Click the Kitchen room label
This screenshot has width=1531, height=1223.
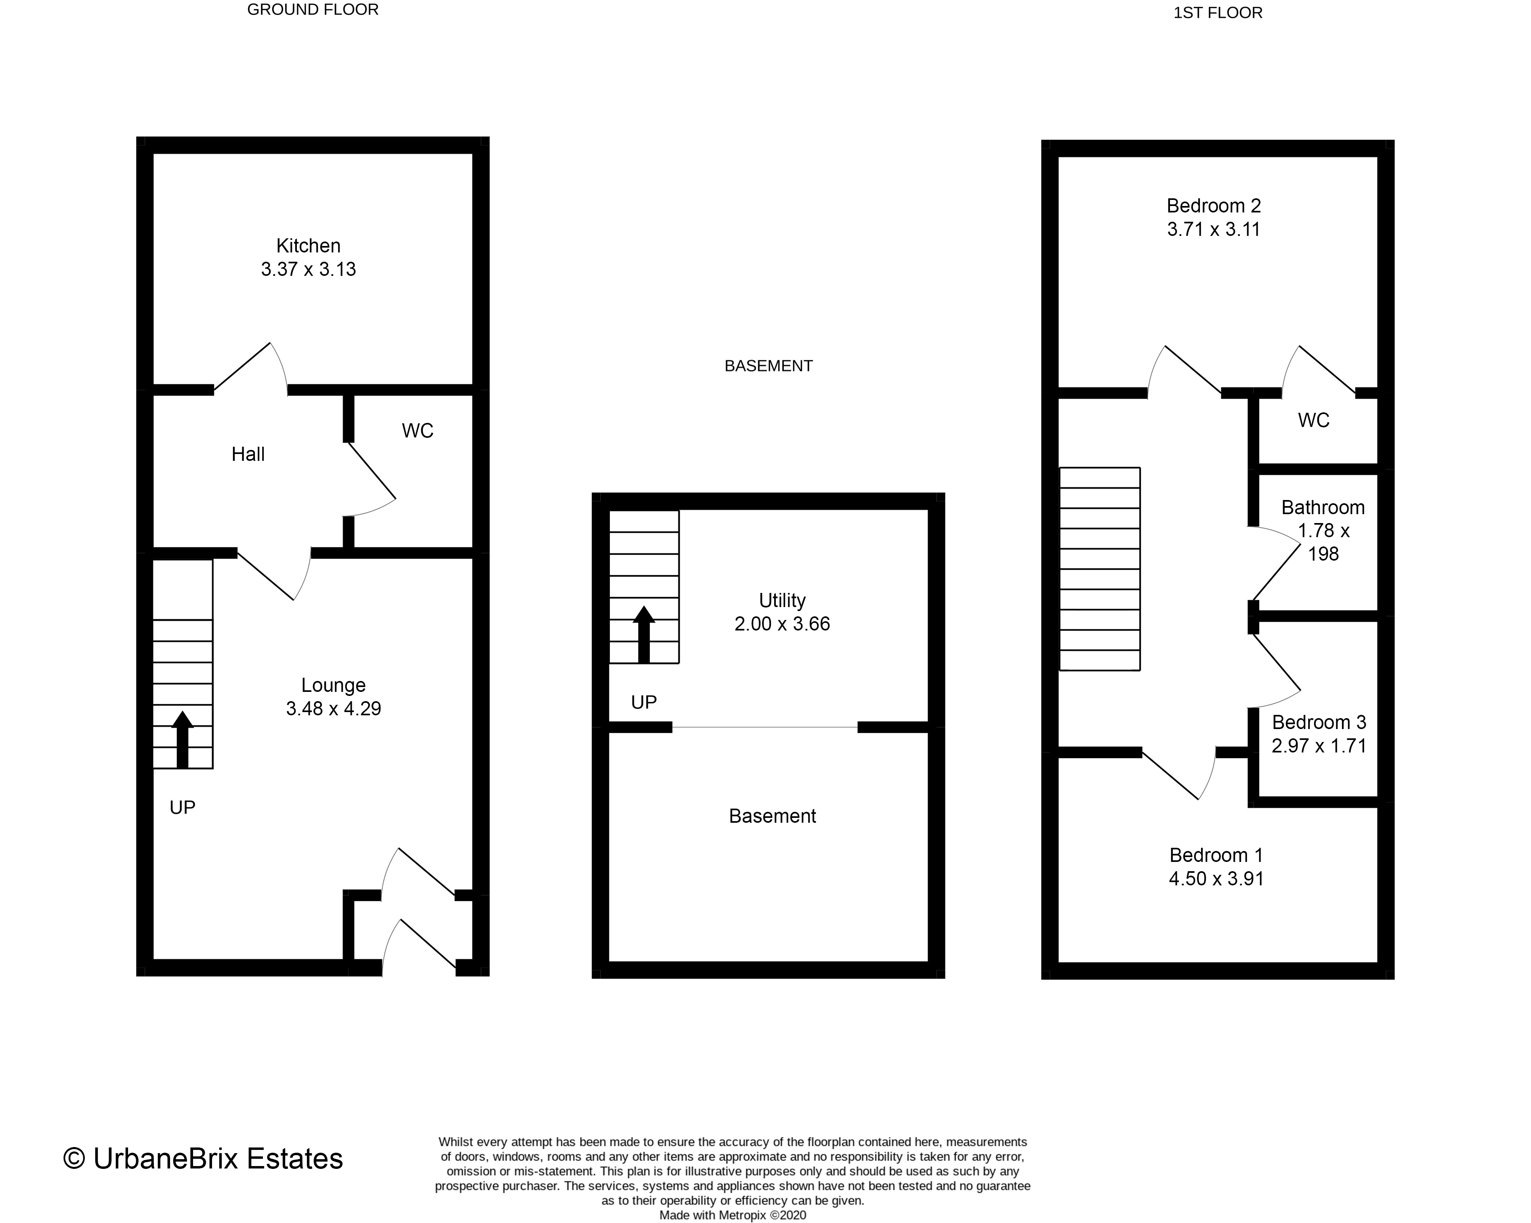click(308, 246)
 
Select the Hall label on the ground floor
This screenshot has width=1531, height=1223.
click(248, 454)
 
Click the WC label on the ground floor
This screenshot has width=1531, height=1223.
click(418, 431)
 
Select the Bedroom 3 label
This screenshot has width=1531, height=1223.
click(1319, 722)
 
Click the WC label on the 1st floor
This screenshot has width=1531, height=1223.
click(1314, 420)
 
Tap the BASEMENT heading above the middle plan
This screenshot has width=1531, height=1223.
click(769, 366)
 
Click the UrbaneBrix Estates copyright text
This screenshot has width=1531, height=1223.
click(203, 1158)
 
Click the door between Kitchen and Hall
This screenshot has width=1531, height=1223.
click(250, 369)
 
